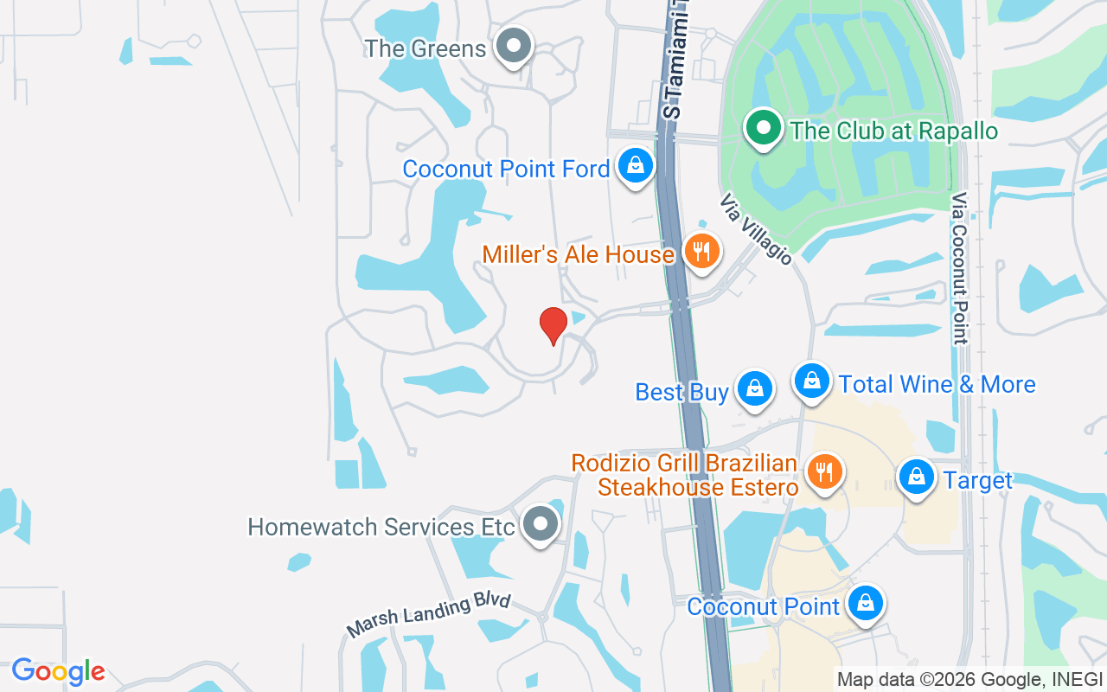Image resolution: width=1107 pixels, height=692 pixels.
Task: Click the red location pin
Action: coord(553,326)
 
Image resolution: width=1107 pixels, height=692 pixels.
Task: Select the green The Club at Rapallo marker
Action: coord(763,129)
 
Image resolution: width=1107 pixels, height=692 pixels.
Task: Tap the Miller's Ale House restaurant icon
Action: coord(702,252)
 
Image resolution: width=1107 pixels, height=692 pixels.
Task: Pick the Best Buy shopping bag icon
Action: coord(755,388)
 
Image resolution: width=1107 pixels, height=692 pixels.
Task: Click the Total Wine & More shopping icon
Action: coord(812,381)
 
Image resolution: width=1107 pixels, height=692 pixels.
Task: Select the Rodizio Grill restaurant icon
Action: coord(825,472)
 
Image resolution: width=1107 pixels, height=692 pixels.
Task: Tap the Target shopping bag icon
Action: coord(916,477)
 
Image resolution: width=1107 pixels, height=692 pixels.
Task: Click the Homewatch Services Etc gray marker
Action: coord(541,524)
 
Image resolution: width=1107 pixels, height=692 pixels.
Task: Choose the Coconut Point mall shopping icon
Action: coord(865,603)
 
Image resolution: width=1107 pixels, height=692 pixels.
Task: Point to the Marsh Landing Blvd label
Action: coord(429,615)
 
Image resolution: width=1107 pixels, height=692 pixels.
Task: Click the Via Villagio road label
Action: coord(755,229)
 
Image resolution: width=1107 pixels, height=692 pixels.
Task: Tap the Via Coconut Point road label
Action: coord(959,269)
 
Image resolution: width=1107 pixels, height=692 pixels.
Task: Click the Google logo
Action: coord(58,671)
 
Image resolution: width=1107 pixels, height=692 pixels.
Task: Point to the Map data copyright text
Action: coord(969,679)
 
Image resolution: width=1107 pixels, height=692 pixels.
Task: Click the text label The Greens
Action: coord(426,48)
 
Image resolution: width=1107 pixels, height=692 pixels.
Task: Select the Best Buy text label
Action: coord(681,392)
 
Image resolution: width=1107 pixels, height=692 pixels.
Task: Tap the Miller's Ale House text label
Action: coord(578,254)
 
